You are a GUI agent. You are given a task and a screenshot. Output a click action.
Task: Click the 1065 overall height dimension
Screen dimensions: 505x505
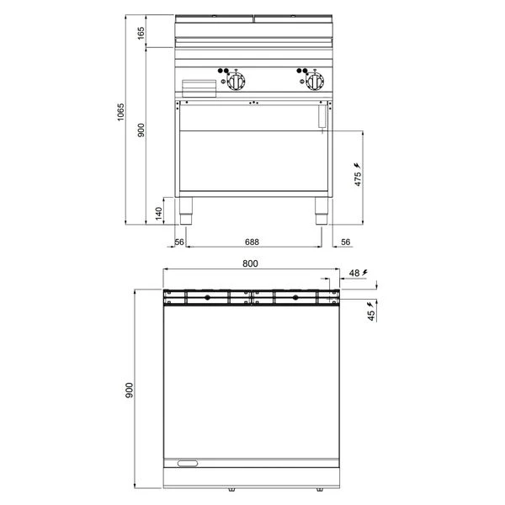(x=120, y=112)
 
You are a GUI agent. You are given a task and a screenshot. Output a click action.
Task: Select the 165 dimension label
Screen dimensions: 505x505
(x=141, y=33)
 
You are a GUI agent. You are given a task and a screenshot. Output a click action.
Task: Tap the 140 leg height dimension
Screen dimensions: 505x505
(x=159, y=214)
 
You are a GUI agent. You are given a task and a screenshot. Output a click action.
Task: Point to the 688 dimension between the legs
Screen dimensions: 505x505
(x=252, y=242)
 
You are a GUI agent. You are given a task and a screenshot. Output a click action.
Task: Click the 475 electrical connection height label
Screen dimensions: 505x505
(x=358, y=179)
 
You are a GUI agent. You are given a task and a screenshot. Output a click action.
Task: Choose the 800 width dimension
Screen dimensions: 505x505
(x=250, y=263)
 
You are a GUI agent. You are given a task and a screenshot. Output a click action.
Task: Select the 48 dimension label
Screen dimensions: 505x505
(x=354, y=273)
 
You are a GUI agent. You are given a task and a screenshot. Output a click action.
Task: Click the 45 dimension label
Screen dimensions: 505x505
(x=372, y=316)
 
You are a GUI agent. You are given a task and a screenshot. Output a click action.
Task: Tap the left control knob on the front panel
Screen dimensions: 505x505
(x=237, y=81)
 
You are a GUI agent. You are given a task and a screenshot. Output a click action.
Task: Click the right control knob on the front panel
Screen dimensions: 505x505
(x=315, y=81)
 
